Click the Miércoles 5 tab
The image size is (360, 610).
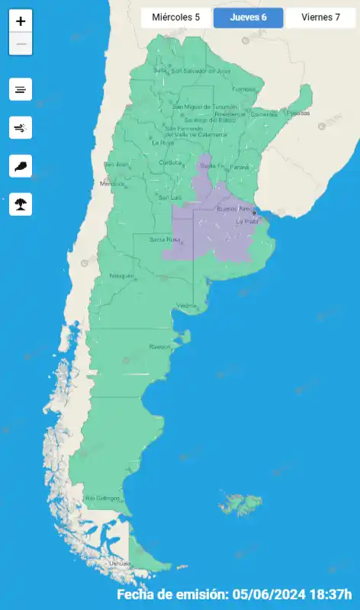click(175, 17)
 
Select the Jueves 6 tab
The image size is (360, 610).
click(248, 17)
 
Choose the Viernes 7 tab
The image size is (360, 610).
click(320, 17)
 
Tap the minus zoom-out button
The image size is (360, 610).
click(21, 44)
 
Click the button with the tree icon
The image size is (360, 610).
click(21, 204)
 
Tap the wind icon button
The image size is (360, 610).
click(21, 127)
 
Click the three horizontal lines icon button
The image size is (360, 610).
click(21, 89)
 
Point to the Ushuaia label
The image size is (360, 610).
click(120, 563)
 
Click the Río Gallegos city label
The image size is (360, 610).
click(102, 498)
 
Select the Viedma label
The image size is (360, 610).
click(187, 306)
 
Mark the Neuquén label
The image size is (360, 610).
click(122, 275)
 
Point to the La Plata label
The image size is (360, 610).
click(247, 221)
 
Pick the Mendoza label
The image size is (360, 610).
click(111, 184)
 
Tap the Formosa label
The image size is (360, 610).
click(244, 88)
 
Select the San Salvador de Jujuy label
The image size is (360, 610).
click(201, 71)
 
